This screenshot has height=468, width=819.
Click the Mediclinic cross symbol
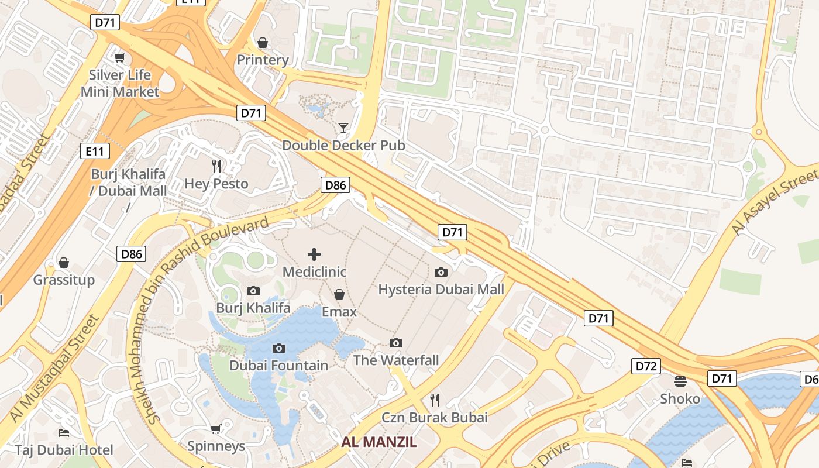tap(314, 254)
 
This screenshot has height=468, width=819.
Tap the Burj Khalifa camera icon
tap(253, 291)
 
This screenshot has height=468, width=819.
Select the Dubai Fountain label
tap(278, 366)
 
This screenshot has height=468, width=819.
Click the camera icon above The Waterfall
tap(396, 343)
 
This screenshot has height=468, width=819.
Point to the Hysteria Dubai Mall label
tap(441, 290)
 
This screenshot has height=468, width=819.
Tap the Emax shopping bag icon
tap(339, 294)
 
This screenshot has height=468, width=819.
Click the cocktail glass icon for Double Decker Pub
tap(343, 128)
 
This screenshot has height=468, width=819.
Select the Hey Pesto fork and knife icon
tap(216, 166)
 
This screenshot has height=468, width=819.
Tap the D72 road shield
tap(646, 366)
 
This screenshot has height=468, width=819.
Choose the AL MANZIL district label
tap(379, 442)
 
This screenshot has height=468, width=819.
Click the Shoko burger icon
tap(680, 381)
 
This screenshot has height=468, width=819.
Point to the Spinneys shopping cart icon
tap(216, 429)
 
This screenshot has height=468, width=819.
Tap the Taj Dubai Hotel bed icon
tap(64, 433)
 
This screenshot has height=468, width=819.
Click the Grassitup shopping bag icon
tap(64, 263)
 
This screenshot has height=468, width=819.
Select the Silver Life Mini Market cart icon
tap(120, 57)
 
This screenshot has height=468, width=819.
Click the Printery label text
tap(263, 60)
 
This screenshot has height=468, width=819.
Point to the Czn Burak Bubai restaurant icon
tap(434, 400)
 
